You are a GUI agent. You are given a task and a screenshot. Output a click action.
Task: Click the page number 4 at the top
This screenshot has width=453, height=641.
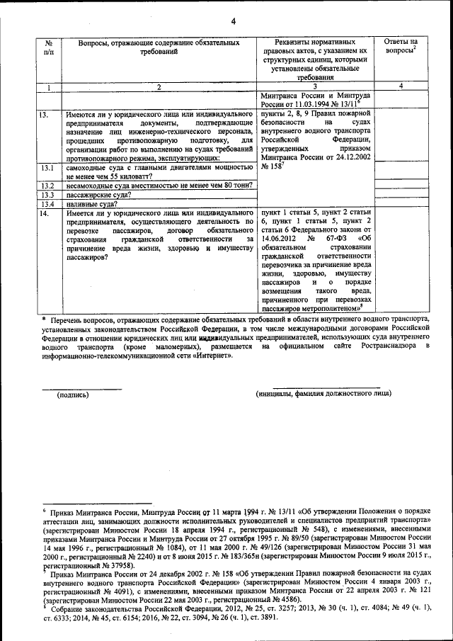point(233,21)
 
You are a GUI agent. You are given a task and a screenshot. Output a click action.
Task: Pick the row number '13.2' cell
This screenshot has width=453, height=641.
point(47,185)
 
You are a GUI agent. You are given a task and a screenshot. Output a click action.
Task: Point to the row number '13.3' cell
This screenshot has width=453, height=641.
point(47,194)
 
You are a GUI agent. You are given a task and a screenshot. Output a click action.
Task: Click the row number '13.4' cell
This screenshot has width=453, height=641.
point(47,203)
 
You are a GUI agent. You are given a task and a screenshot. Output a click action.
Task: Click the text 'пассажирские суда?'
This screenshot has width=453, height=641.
point(97,194)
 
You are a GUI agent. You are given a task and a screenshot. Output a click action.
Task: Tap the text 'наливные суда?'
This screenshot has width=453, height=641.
point(91,203)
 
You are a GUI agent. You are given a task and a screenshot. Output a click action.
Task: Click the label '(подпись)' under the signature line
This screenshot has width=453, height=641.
point(73,394)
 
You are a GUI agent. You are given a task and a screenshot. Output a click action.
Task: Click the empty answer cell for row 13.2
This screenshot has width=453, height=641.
point(401,185)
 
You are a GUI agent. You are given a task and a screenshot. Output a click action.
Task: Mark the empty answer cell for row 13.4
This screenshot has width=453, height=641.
point(401,203)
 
